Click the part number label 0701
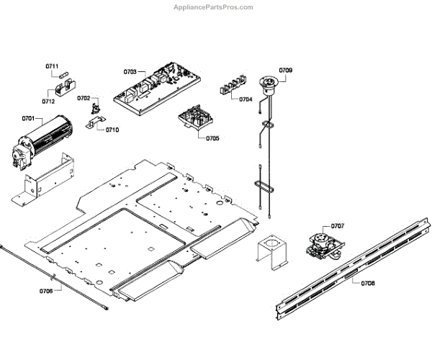[x=29, y=117]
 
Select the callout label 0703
[x=130, y=72]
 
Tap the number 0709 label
[x=286, y=70]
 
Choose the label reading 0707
[x=337, y=226]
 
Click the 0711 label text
[x=52, y=66]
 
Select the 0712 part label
[x=48, y=102]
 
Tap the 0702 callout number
[x=84, y=99]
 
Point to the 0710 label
[x=112, y=130]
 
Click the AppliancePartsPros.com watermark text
[x=214, y=7]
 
